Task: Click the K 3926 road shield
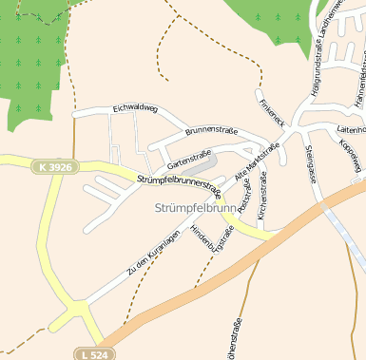[x=53, y=167]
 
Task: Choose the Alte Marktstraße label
[x=256, y=162]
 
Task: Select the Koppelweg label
[x=350, y=156]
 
